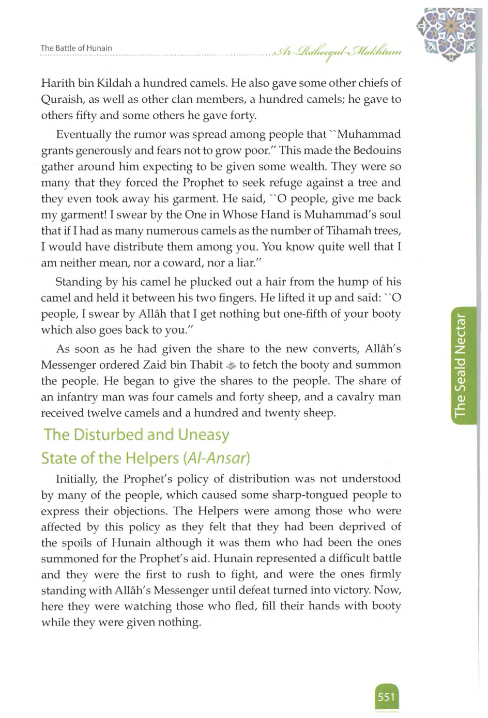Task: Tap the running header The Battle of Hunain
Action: (x=76, y=48)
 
